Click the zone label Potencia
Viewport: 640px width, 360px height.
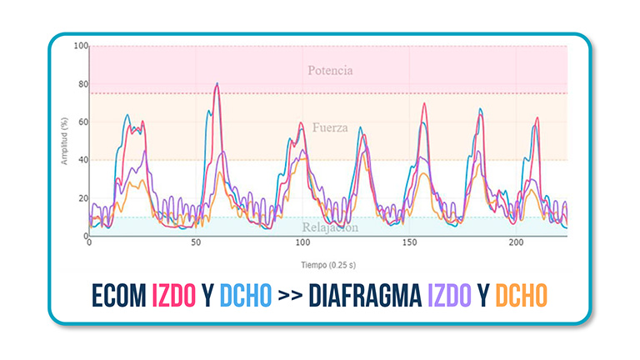coord(329,71)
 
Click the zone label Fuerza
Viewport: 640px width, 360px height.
coord(329,127)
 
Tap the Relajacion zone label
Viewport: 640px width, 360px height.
coord(331,227)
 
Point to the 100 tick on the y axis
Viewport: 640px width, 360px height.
coord(80,46)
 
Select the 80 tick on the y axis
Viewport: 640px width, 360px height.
coord(82,84)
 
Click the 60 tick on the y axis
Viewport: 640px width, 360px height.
coord(82,122)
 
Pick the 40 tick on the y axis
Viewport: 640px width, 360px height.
coord(82,160)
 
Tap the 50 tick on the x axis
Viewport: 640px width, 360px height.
coord(196,243)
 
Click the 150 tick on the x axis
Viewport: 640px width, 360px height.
coord(408,243)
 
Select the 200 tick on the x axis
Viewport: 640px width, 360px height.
coord(516,243)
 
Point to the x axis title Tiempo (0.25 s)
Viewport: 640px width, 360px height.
coord(327,264)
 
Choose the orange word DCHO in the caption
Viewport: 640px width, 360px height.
coord(522,295)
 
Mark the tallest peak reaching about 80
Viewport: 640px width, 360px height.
coord(217,84)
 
